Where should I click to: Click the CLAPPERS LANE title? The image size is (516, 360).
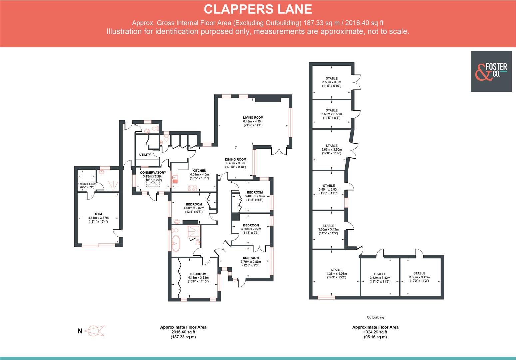tap(258, 9)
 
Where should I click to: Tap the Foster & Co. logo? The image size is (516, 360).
tap(491, 71)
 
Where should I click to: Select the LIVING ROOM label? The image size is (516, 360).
tap(253, 118)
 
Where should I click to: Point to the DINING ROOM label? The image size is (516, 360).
tap(235, 159)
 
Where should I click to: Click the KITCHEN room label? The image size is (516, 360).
tap(199, 171)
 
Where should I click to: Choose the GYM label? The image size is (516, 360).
tap(98, 214)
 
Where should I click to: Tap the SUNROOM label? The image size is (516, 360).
tap(251, 258)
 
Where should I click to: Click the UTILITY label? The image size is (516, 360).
tap(145, 155)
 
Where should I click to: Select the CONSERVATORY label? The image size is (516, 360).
tap(153, 173)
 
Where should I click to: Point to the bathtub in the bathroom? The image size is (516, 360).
tap(176, 243)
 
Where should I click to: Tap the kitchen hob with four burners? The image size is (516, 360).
tap(192, 189)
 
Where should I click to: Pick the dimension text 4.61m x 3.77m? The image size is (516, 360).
tap(98, 218)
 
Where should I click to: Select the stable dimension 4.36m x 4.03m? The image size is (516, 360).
tap(336, 274)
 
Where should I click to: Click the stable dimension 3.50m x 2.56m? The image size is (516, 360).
tap(332, 114)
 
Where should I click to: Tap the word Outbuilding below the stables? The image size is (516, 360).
tap(375, 317)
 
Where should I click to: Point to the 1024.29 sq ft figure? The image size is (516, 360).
tap(375, 332)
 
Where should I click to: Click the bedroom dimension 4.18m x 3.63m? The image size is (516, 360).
tap(198, 278)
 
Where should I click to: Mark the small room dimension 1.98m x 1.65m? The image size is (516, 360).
tap(87, 184)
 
